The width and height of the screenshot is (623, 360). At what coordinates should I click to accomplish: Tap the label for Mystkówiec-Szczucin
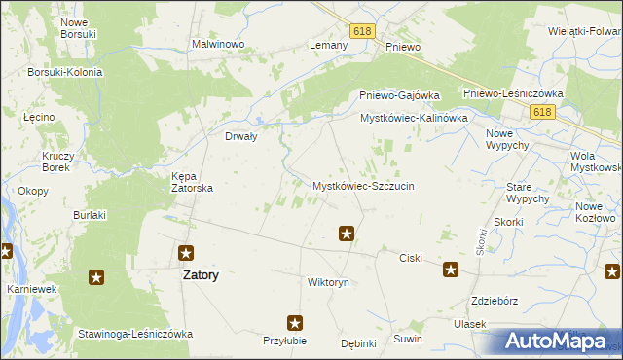(x=363, y=185)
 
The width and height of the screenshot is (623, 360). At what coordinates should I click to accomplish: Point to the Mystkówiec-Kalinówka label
(x=414, y=118)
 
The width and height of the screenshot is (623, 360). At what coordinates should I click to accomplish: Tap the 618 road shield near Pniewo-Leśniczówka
(x=543, y=114)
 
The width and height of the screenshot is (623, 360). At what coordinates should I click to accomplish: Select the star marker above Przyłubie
(x=295, y=322)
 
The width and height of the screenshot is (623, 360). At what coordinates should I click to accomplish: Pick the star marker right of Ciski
(x=451, y=270)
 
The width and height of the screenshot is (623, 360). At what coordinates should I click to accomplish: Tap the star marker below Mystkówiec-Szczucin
(x=346, y=233)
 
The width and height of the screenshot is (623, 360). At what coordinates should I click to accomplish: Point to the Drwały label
(x=240, y=137)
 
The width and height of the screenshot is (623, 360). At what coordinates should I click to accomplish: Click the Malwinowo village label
(x=216, y=45)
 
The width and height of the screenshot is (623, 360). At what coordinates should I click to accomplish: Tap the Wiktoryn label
(x=328, y=282)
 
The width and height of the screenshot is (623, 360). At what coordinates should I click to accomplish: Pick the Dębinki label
(x=358, y=343)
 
